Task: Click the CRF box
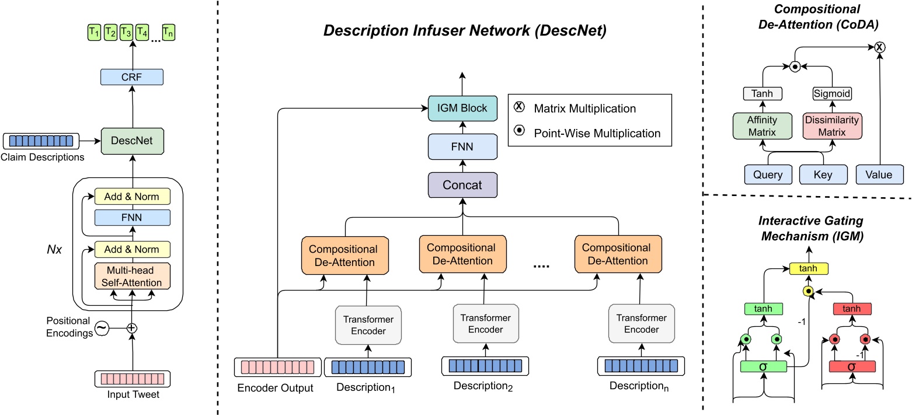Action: pyautogui.click(x=131, y=77)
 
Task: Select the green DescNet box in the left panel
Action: pyautogui.click(x=131, y=140)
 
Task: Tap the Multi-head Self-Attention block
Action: pyautogui.click(x=131, y=276)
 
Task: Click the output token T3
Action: pyautogui.click(x=126, y=33)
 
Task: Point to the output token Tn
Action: pyautogui.click(x=168, y=33)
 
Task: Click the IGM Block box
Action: pyautogui.click(x=462, y=107)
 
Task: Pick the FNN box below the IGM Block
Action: pyautogui.click(x=462, y=146)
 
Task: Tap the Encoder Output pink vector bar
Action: pyautogui.click(x=275, y=368)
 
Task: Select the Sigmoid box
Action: pyautogui.click(x=824, y=93)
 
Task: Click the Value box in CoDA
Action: pyautogui.click(x=879, y=174)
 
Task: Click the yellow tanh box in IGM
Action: pyautogui.click(x=808, y=268)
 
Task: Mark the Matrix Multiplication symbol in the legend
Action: pyautogui.click(x=519, y=108)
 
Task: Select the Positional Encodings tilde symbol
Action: pyautogui.click(x=102, y=328)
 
